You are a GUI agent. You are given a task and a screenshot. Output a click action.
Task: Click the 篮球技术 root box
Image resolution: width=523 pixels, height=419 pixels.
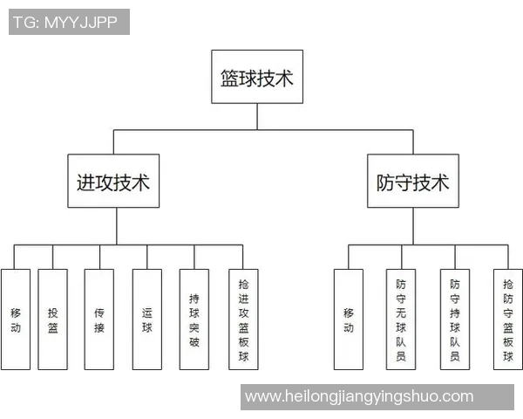coord(257,79)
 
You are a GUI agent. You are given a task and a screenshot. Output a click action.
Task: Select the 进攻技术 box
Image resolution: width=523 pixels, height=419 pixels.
coord(113,182)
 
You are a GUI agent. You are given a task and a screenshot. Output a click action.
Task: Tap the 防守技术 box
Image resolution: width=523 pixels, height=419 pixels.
coord(413,182)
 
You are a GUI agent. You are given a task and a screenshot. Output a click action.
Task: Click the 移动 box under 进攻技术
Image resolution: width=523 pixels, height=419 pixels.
coord(16,319)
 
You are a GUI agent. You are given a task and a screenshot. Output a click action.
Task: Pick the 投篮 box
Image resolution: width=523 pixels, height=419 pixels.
coord(53,319)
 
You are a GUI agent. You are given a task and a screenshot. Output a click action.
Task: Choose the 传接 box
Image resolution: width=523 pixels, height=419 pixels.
coord(99,319)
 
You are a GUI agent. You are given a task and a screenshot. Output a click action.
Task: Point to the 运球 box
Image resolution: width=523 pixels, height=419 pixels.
coord(146,319)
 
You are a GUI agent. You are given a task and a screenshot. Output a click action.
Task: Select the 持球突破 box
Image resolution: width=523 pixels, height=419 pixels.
coord(194,319)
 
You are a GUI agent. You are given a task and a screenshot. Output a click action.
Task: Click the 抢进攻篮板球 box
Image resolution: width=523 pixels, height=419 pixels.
coord(243,319)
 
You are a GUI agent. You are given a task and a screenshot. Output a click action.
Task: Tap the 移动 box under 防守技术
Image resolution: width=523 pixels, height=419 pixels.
coord(349,319)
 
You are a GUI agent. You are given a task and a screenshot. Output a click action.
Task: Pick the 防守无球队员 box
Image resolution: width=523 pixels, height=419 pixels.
coord(401,319)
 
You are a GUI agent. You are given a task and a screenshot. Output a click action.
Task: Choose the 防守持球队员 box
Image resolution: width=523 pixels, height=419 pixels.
coord(454,319)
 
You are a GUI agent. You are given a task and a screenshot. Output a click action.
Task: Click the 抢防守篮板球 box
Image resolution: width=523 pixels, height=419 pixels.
coord(507,319)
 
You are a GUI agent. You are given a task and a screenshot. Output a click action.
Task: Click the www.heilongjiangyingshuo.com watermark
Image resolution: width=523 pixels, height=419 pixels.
coord(359,396)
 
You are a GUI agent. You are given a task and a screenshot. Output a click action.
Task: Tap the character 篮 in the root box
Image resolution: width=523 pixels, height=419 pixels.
coord(230,79)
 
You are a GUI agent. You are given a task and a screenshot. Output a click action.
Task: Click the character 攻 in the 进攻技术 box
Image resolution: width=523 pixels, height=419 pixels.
coord(105,182)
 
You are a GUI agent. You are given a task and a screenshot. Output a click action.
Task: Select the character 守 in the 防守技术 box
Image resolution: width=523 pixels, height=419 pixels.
coord(404,182)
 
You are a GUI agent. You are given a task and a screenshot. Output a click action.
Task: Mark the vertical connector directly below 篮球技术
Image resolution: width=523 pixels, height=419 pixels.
coord(257,116)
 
